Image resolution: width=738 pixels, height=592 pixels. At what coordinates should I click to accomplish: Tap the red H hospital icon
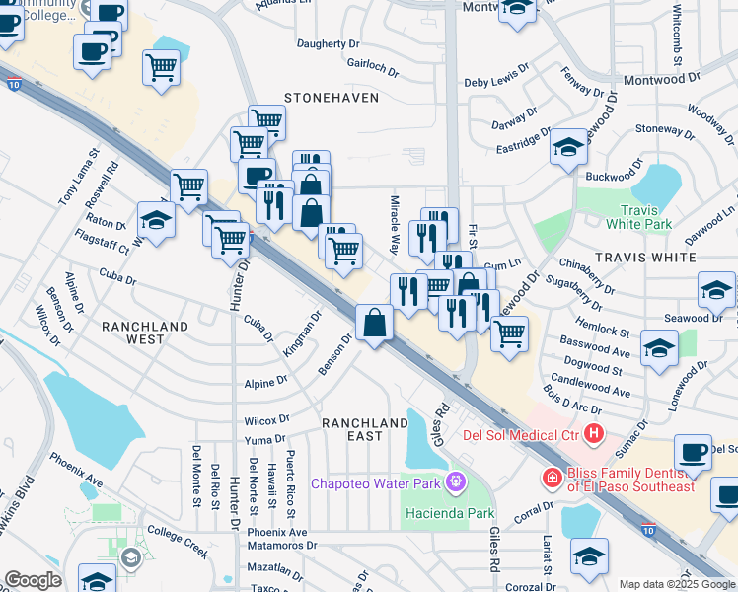[x=593, y=433]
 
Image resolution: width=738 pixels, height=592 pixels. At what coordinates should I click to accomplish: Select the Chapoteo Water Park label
[x=376, y=482]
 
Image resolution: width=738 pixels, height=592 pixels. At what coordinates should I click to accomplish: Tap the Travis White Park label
[x=645, y=217]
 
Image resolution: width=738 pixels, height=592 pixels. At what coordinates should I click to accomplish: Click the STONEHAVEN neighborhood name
[x=325, y=98]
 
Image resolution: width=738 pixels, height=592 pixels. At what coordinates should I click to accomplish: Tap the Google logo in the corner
[x=33, y=580]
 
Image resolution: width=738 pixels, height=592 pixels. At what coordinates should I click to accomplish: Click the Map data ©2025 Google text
[x=677, y=584]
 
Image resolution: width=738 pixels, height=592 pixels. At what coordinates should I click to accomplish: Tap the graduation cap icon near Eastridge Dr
[x=568, y=147]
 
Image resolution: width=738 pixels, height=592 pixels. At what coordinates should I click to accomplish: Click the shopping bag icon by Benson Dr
[x=375, y=322]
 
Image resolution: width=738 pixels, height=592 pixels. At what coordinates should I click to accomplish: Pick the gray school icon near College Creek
[x=130, y=559]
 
